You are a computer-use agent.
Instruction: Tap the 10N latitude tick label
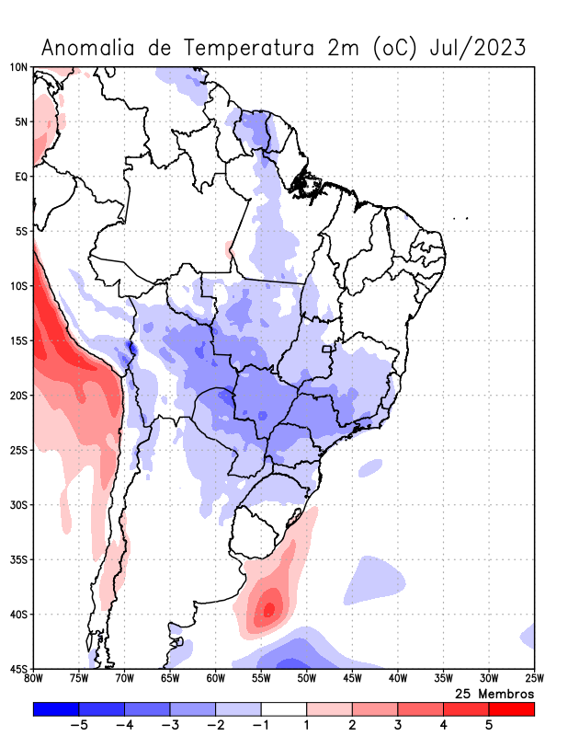19,67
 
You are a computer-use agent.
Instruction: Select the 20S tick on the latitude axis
19,396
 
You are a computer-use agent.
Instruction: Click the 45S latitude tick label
19,668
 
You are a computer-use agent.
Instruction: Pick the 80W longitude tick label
34,679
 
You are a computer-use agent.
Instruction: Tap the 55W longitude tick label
261,679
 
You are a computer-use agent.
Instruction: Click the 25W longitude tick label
534,679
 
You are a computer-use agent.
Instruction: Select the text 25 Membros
494,693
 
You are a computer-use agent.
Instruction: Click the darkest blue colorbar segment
56,708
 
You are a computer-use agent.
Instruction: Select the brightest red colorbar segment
511,708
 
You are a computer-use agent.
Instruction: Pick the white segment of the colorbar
284,708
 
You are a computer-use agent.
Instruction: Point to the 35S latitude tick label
19,559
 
